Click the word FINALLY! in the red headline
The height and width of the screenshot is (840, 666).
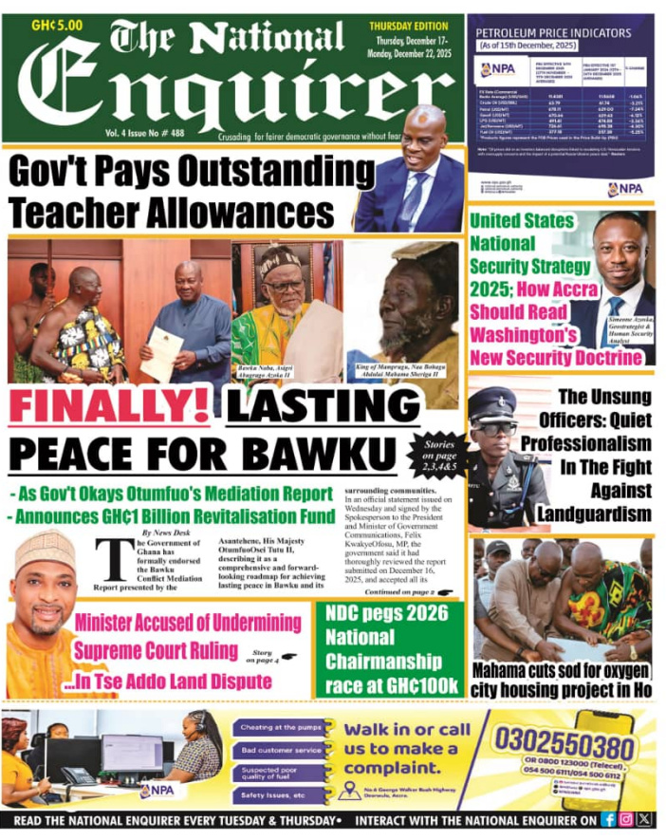click(x=112, y=408)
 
